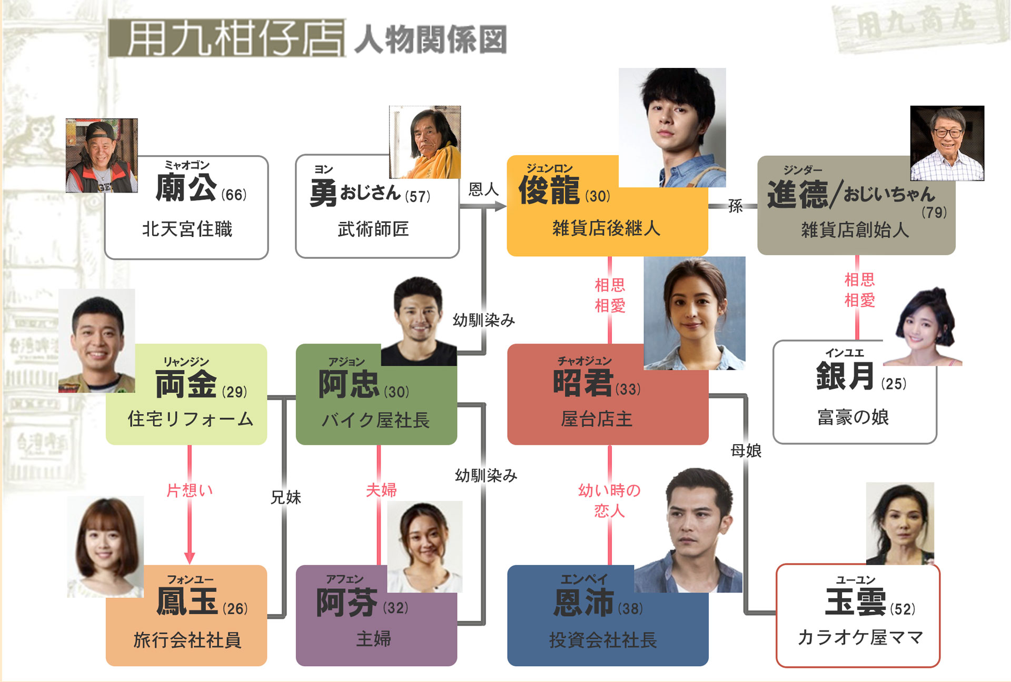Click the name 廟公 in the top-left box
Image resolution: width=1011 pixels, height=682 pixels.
(x=186, y=188)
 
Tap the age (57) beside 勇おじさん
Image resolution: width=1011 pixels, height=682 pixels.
(x=418, y=196)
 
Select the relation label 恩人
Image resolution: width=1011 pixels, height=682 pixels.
(x=483, y=189)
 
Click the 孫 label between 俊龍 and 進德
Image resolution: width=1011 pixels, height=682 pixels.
(x=735, y=206)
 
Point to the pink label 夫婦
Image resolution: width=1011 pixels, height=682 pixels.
(x=381, y=490)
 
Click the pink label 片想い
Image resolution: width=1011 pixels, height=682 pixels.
(x=190, y=490)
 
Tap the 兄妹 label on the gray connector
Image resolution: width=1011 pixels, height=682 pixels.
(x=285, y=497)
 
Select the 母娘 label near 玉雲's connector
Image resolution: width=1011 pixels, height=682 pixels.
(x=746, y=450)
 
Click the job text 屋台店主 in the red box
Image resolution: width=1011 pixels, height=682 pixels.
(x=596, y=419)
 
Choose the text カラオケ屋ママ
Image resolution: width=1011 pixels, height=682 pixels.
(x=860, y=637)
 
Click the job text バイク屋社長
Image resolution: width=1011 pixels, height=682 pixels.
(x=375, y=420)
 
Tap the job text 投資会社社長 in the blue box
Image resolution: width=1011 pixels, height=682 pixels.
(x=603, y=640)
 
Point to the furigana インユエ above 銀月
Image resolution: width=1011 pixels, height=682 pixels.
(x=844, y=353)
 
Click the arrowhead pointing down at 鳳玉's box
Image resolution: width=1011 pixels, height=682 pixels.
(x=190, y=558)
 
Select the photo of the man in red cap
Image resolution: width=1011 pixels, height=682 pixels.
(x=102, y=155)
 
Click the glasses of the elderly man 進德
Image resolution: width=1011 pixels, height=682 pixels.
(x=948, y=133)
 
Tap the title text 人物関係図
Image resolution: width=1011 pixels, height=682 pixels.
(x=430, y=39)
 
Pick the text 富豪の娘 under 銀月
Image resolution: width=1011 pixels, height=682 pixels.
(x=853, y=417)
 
